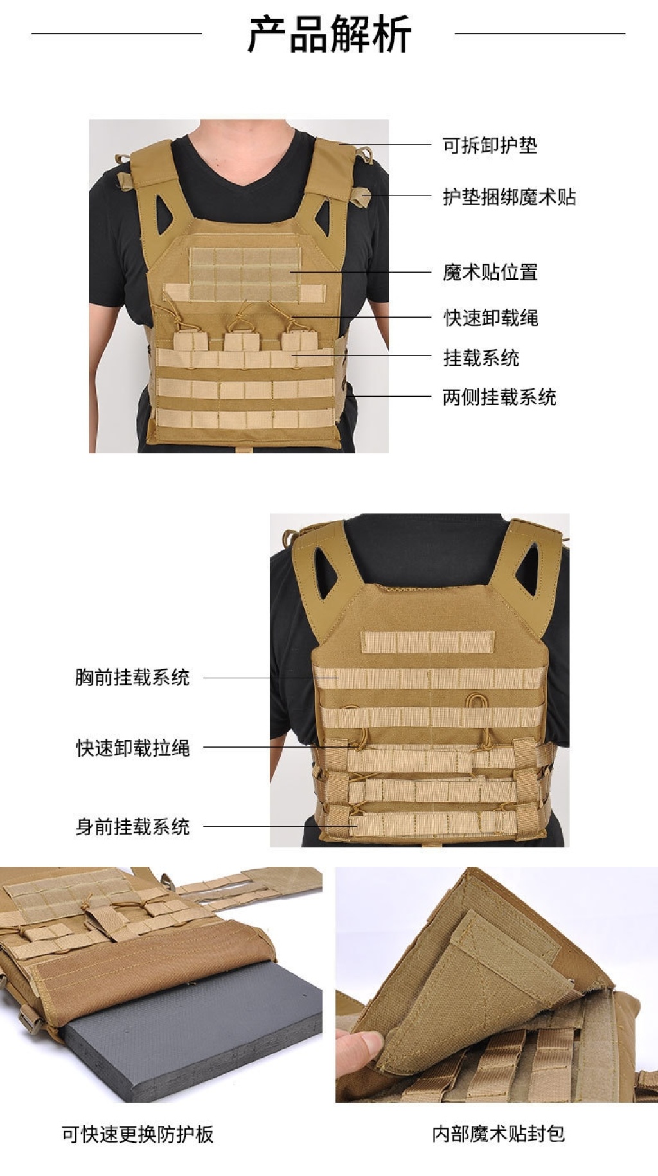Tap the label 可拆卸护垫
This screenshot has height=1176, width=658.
point(490,145)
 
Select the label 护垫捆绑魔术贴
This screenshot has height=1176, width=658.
point(509,197)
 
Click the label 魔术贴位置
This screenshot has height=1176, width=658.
point(490,272)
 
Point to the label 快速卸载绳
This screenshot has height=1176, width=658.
point(490,318)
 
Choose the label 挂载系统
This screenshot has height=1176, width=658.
point(481,357)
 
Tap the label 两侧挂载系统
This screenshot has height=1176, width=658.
point(499,397)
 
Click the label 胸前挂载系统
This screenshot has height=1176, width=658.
point(132,677)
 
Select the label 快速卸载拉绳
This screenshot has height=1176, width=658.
point(132,748)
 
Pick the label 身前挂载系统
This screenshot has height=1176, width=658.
point(132,826)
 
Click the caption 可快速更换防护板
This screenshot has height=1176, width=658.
point(138,1134)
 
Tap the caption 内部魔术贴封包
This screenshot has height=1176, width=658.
point(498,1134)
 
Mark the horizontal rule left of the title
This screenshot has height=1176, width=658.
point(117,33)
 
